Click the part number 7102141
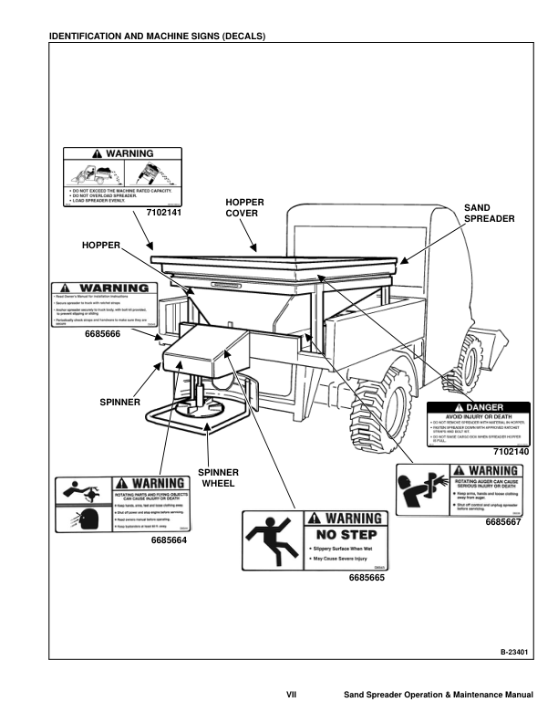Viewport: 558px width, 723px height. click(165, 212)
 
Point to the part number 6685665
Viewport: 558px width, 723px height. click(367, 578)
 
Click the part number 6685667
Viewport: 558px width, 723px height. click(503, 521)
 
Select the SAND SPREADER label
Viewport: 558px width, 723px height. click(491, 214)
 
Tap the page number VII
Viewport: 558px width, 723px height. click(292, 697)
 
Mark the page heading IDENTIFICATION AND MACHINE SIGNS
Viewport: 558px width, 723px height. click(157, 36)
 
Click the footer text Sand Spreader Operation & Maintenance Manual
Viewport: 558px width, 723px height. click(438, 697)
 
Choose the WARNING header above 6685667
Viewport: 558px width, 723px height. click(494, 471)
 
